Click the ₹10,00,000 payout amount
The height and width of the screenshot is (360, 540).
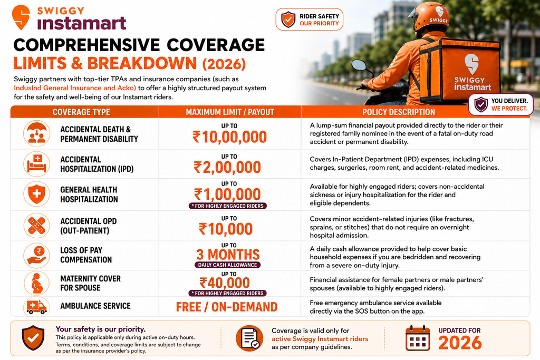(x=230, y=137)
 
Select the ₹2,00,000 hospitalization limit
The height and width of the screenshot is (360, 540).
(x=227, y=167)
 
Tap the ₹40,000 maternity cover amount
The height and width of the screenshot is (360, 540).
(x=225, y=283)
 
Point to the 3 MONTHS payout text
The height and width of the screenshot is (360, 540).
(x=228, y=255)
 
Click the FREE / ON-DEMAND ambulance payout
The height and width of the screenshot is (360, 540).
(x=227, y=307)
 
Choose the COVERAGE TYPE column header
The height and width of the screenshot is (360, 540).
(x=81, y=112)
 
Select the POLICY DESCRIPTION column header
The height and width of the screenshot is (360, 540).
(x=399, y=112)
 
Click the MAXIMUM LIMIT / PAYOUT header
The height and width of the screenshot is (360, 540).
(x=230, y=112)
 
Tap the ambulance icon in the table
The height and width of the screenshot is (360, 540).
(x=36, y=307)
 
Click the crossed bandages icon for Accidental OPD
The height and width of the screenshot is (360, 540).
(x=36, y=226)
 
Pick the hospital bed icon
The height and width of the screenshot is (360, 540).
(x=36, y=164)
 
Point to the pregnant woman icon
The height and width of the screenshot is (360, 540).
(x=36, y=284)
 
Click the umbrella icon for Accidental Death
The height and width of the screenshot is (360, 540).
(x=36, y=133)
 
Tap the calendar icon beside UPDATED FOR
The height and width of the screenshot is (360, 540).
(x=418, y=338)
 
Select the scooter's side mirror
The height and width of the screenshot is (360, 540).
(x=359, y=65)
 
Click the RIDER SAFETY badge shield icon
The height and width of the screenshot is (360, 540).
(x=288, y=20)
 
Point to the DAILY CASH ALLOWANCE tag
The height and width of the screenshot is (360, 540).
(x=227, y=265)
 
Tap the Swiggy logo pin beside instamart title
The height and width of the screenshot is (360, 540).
(x=21, y=17)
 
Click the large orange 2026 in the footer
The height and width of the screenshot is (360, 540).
(x=460, y=343)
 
